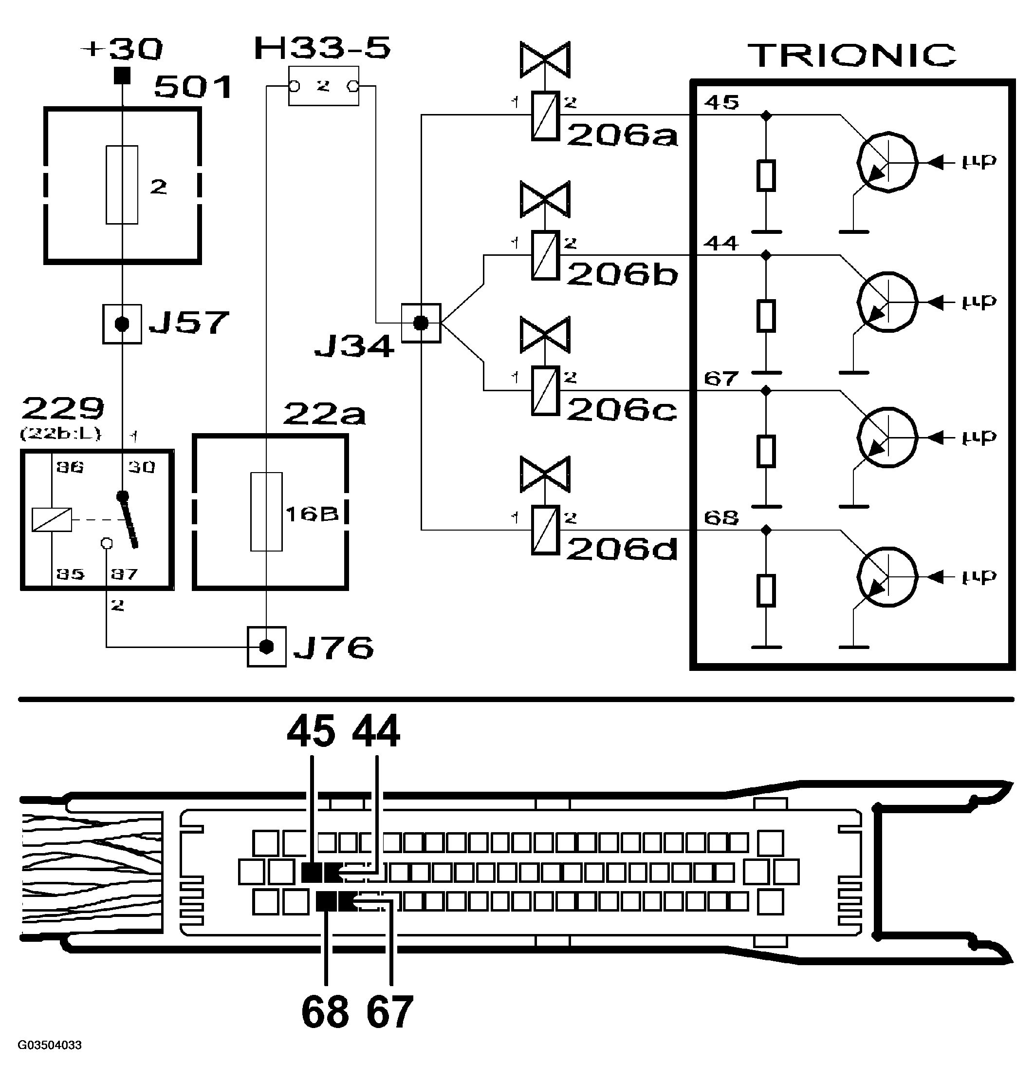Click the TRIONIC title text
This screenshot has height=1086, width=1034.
click(x=851, y=55)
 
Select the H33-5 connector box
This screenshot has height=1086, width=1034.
click(x=324, y=86)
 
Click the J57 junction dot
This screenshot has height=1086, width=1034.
click(x=122, y=324)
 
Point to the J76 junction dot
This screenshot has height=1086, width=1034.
click(x=266, y=647)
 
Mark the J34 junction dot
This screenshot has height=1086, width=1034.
click(x=421, y=323)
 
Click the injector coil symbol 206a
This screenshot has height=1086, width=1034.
click(x=545, y=115)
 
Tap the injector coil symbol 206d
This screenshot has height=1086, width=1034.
click(x=545, y=530)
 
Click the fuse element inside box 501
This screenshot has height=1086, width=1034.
click(x=122, y=185)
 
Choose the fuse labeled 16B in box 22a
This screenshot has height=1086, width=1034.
click(x=266, y=512)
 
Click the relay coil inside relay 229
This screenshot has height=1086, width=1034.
click(x=52, y=519)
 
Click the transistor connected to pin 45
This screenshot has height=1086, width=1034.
click(x=887, y=162)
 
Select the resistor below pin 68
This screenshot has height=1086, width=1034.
click(x=766, y=590)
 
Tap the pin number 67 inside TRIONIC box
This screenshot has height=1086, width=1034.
click(x=721, y=379)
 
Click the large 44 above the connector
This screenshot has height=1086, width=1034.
click(x=376, y=731)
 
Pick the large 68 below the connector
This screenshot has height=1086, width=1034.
click(x=325, y=1011)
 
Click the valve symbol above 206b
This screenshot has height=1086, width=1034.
click(x=545, y=199)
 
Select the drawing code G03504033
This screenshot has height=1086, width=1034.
click(x=50, y=1045)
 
